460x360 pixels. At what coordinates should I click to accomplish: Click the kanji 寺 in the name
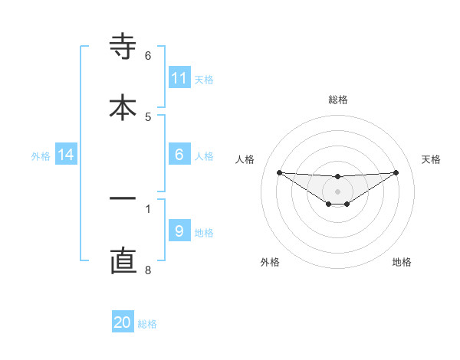123,47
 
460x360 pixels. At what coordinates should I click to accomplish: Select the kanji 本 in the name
123,106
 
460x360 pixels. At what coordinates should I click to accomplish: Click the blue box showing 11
179,78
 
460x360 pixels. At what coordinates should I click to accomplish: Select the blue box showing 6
179,155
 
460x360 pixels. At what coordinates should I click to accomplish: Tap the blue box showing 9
179,231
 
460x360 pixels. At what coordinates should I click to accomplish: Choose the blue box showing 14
66,155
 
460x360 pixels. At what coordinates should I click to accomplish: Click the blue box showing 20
123,322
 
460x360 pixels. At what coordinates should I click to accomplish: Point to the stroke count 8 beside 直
148,270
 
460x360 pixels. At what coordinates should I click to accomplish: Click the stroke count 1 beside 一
148,208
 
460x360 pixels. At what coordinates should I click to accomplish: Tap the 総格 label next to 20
147,324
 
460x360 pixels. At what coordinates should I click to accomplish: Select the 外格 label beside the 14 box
41,156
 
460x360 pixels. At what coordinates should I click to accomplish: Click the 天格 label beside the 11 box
204,80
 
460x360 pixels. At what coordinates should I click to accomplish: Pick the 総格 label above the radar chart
337,100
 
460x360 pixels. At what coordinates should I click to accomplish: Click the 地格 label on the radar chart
402,262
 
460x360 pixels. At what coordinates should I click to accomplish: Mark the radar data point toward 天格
396,172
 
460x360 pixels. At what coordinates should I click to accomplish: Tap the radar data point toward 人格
280,172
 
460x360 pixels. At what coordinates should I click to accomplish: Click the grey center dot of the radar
337,191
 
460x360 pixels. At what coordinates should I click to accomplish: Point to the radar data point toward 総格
337,177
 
